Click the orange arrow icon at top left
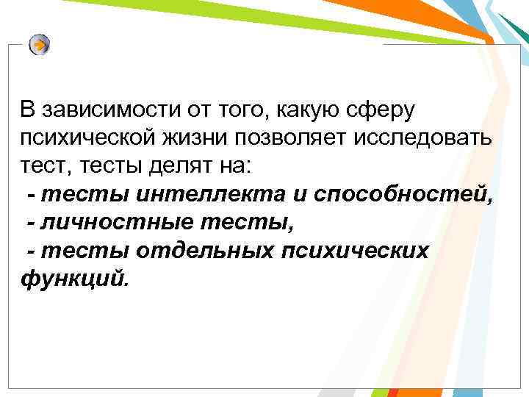[x=40, y=46]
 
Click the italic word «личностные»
[x=109, y=222]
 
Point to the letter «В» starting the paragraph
[x=27, y=110]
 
